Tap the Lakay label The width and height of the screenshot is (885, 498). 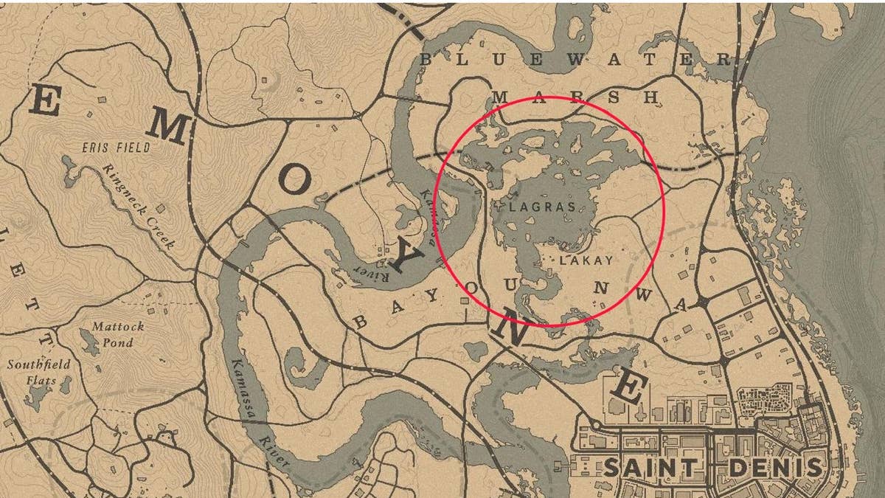[x=586, y=260]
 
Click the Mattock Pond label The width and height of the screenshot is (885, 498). [x=118, y=334]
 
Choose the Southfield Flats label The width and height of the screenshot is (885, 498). [x=39, y=371]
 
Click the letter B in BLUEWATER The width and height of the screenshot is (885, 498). [x=426, y=59]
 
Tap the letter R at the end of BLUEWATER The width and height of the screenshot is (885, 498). [x=724, y=60]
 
